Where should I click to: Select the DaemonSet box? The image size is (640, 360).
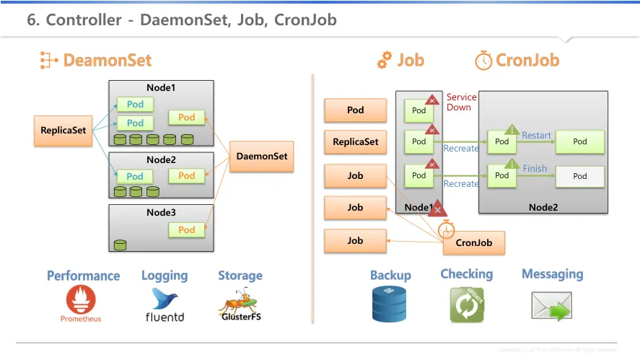click(261, 157)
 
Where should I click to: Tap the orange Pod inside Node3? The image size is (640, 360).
click(186, 229)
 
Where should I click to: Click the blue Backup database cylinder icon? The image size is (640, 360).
click(390, 304)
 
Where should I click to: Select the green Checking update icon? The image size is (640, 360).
click(466, 304)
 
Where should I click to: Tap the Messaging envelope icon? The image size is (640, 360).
click(552, 306)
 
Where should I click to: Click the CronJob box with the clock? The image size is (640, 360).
click(473, 242)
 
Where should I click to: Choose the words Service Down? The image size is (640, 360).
click(461, 102)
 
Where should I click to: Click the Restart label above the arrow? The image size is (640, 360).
click(536, 136)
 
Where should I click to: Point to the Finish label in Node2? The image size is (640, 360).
click(535, 169)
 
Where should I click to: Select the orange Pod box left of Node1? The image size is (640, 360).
click(355, 110)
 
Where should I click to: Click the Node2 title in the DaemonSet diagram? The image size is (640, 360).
click(161, 160)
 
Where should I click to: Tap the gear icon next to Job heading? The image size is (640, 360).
click(385, 60)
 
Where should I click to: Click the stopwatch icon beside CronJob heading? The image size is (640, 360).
click(483, 60)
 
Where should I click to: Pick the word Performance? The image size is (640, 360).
click(83, 276)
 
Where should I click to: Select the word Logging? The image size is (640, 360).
click(165, 276)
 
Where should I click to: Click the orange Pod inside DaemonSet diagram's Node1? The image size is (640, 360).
click(186, 117)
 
